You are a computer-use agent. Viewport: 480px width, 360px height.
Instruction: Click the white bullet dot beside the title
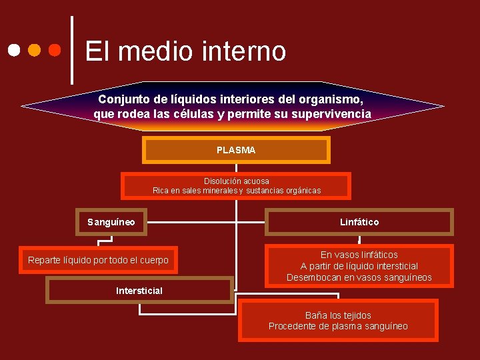pyautogui.click(x=13, y=50)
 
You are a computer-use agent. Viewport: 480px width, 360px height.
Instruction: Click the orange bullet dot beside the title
pyautogui.click(x=34, y=50)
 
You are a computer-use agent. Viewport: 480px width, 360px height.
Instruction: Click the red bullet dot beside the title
pyautogui.click(x=55, y=50)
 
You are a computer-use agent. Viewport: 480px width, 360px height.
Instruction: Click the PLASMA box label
pyautogui.click(x=236, y=151)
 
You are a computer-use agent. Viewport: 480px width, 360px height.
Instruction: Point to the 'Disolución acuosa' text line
pyautogui.click(x=237, y=181)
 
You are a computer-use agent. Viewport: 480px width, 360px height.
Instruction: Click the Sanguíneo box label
pyautogui.click(x=111, y=222)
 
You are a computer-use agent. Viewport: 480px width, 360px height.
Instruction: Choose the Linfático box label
pyautogui.click(x=359, y=222)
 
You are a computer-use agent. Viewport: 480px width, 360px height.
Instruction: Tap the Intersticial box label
pyautogui.click(x=139, y=291)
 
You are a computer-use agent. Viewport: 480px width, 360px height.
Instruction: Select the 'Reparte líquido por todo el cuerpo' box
pyautogui.click(x=98, y=260)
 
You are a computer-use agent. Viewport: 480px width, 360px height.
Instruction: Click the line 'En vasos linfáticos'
pyautogui.click(x=359, y=255)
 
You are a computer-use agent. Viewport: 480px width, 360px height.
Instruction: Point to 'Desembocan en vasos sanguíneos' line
pyautogui.click(x=359, y=277)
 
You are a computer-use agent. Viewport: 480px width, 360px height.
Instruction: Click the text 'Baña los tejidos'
pyautogui.click(x=338, y=315)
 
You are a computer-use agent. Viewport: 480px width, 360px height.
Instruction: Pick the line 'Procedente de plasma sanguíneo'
pyautogui.click(x=338, y=326)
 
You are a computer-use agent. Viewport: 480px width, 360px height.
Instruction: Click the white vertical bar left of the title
pyautogui.click(x=72, y=50)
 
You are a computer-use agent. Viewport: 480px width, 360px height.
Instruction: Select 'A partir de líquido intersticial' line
pyautogui.click(x=359, y=266)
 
